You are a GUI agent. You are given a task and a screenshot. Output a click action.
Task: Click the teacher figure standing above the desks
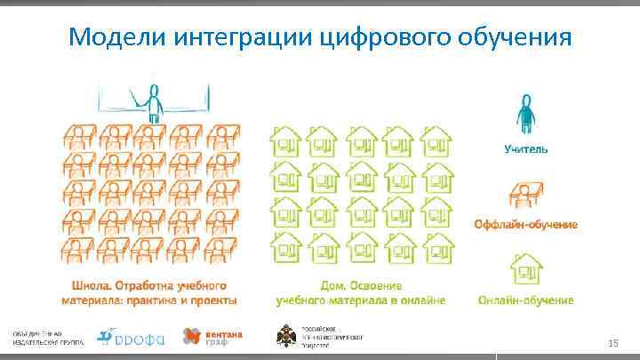153,101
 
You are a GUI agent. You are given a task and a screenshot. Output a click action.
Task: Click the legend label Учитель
527,149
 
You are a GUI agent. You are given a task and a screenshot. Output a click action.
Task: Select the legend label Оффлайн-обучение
525,224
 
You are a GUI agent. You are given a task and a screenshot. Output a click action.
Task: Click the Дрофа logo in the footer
127,336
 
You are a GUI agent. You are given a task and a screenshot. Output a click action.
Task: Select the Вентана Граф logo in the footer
212,336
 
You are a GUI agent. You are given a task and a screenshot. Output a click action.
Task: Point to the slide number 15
612,343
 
